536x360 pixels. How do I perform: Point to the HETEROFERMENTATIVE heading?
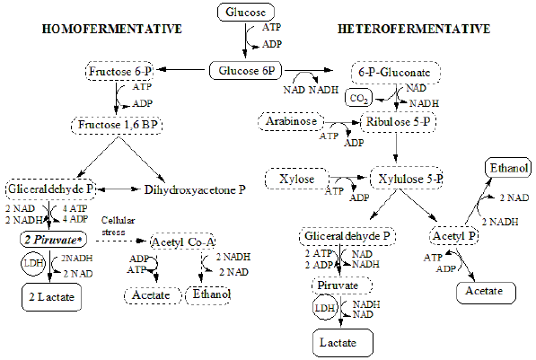(x=414, y=30)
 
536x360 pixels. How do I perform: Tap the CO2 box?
(x=358, y=96)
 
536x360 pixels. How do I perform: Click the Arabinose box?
(x=289, y=120)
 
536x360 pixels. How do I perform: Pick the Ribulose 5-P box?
(x=398, y=121)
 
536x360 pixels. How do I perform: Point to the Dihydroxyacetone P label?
(x=195, y=189)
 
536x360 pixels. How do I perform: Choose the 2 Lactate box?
(x=49, y=295)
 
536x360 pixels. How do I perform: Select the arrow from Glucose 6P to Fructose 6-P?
(x=182, y=69)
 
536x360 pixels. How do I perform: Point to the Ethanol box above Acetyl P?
(x=508, y=168)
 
